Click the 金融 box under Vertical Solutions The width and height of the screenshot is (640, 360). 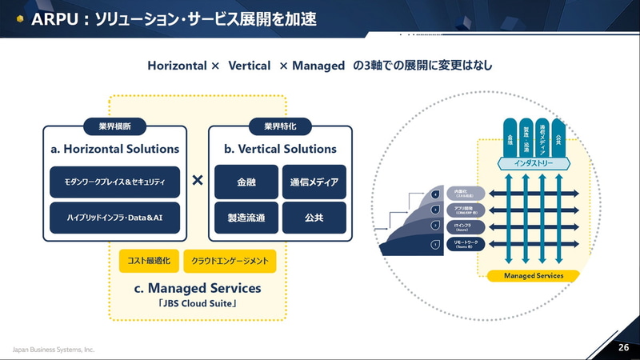point(246,182)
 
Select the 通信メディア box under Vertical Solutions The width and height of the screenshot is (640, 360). point(314,182)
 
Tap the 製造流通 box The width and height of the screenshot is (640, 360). point(246,218)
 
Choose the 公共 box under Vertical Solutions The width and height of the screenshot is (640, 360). point(314,218)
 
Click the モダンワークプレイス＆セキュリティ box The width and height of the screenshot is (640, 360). point(114,182)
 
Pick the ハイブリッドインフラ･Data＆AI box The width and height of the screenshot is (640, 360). point(114,218)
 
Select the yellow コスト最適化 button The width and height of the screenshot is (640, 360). point(147,261)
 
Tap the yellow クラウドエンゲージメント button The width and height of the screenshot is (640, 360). point(230,261)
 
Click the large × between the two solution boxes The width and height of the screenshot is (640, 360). point(198,182)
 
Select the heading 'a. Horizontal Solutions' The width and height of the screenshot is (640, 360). point(114,149)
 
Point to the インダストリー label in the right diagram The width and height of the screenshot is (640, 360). point(533,163)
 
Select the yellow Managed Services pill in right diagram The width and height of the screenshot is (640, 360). point(533,276)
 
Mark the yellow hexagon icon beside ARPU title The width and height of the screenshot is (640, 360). point(18,18)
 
